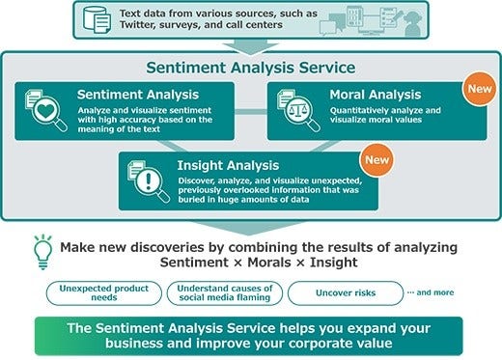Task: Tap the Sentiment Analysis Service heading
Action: [250, 69]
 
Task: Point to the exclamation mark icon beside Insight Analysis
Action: [145, 180]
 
